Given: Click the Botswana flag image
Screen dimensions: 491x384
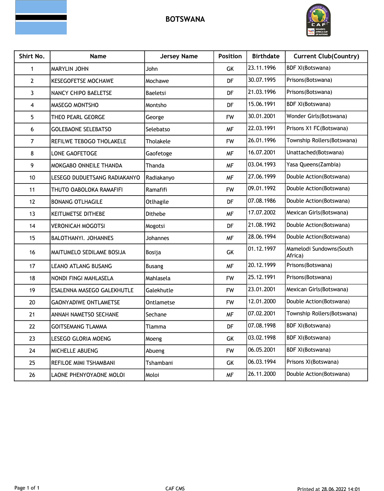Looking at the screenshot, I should pyautogui.click(x=41, y=17).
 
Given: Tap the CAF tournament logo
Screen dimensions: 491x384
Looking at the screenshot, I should pyautogui.click(x=319, y=20).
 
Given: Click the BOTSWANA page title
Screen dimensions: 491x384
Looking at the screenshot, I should pyautogui.click(x=185, y=19).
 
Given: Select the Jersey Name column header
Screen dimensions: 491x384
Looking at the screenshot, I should pyautogui.click(x=179, y=56).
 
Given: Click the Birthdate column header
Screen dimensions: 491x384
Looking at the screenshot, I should pyautogui.click(x=266, y=56).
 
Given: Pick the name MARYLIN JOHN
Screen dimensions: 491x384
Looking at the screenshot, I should pyautogui.click(x=70, y=69).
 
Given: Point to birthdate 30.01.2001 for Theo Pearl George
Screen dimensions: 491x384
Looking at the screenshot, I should pyautogui.click(x=262, y=116).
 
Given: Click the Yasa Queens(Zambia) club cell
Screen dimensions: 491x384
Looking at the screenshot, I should pyautogui.click(x=313, y=165).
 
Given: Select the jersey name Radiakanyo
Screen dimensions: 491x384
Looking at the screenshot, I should pyautogui.click(x=160, y=178).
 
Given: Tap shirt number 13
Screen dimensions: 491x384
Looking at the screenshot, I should pyautogui.click(x=32, y=214).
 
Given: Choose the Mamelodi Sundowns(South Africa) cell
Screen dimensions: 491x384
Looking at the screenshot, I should pyautogui.click(x=320, y=252).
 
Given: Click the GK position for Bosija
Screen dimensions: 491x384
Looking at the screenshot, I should pyautogui.click(x=230, y=252).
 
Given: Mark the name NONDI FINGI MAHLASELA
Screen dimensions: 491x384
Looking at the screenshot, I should pyautogui.click(x=82, y=278).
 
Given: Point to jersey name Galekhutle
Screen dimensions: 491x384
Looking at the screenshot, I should pyautogui.click(x=160, y=290).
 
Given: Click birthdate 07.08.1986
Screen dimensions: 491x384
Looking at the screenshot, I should pyautogui.click(x=262, y=201).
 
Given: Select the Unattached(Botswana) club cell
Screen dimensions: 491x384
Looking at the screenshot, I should pyautogui.click(x=315, y=153).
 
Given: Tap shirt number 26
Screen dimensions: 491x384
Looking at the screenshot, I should pyautogui.click(x=32, y=375).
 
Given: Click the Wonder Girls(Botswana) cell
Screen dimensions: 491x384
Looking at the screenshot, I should pyautogui.click(x=316, y=116).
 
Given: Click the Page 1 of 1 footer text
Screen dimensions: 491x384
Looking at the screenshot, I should pyautogui.click(x=27, y=488).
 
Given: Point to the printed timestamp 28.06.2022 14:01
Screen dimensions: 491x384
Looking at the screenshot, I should pyautogui.click(x=341, y=489).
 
